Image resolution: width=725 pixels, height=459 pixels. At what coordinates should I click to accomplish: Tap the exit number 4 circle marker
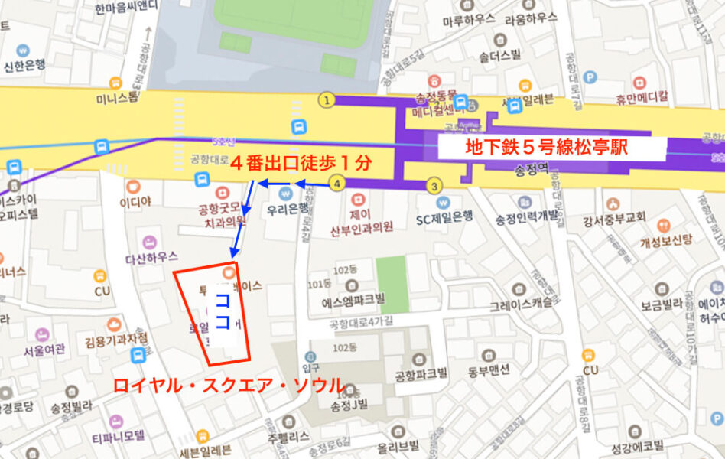(x=337, y=183)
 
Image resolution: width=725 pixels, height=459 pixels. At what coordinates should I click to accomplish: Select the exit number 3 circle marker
(x=434, y=185)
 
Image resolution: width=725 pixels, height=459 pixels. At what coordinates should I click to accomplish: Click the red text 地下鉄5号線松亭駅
(x=546, y=147)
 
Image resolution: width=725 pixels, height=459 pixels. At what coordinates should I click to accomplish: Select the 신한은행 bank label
(x=26, y=66)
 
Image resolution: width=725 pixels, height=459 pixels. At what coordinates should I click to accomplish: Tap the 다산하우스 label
(x=151, y=258)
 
